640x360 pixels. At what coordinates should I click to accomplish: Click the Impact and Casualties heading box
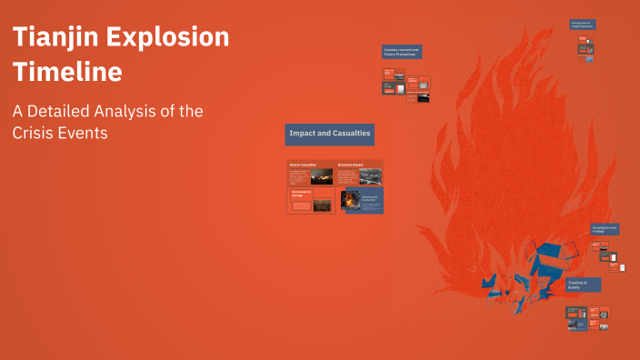(329, 134)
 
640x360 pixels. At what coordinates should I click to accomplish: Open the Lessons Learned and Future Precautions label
(401, 53)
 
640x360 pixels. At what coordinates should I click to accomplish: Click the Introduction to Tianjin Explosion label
(583, 25)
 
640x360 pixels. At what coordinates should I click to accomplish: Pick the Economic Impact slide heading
(350, 165)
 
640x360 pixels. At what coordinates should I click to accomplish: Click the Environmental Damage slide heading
(301, 194)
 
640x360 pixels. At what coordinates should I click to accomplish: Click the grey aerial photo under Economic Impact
(370, 177)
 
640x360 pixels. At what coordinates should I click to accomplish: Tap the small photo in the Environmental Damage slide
(322, 205)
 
